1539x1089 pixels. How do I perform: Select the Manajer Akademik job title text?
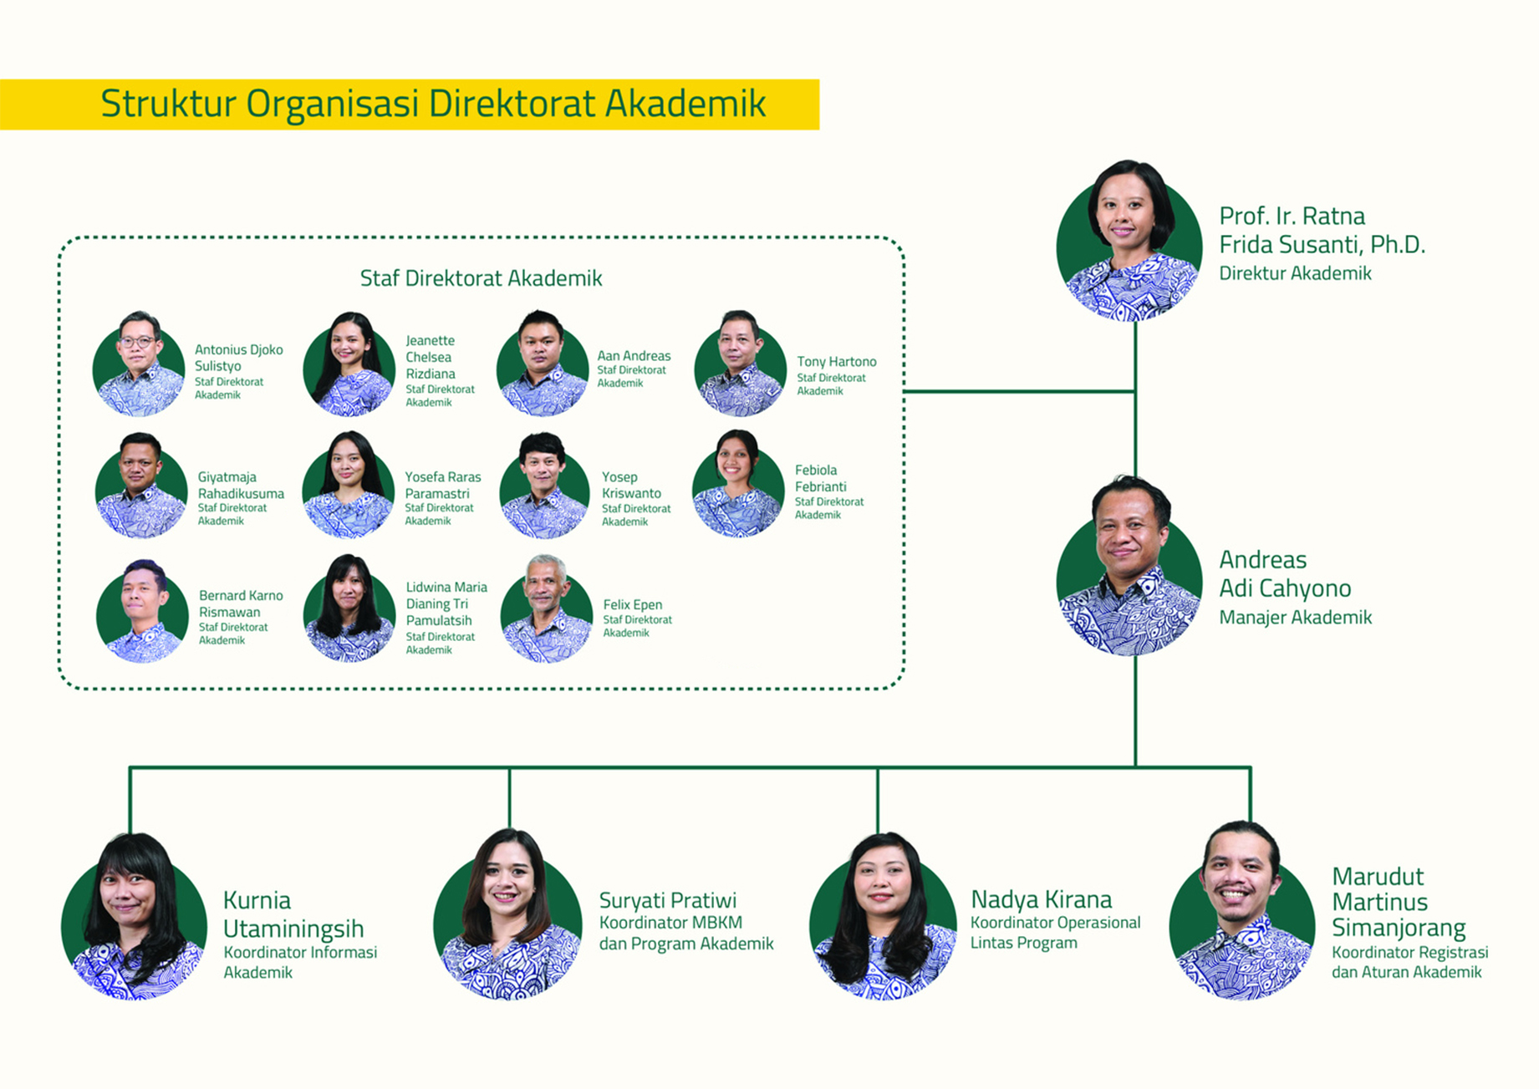1295,618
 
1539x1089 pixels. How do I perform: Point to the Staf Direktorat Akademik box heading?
481,278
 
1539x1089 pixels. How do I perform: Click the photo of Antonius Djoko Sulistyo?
139,366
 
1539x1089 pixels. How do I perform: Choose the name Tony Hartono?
836,361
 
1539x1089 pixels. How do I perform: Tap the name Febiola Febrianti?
820,478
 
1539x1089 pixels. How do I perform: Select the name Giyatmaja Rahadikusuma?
241,485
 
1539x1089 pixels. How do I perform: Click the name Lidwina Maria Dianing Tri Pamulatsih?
446,603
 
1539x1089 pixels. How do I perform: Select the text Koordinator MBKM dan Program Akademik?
685,933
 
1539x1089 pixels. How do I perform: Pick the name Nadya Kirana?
1041,899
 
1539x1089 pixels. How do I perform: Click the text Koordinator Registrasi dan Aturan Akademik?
1409,962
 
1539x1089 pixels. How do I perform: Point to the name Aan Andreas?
634,355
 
